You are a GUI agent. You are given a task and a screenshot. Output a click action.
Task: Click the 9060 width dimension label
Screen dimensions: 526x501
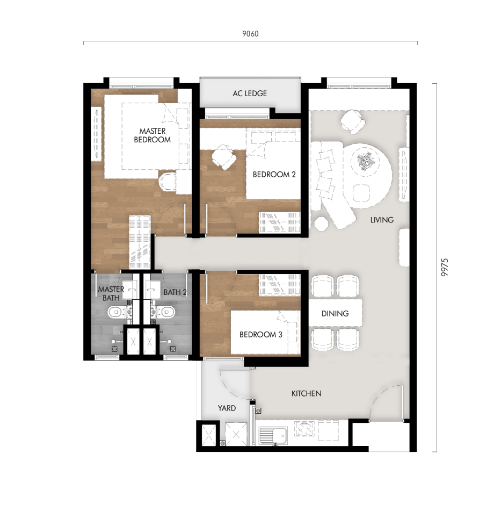(x=250, y=34)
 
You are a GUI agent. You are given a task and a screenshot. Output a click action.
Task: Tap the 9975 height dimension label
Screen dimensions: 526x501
(x=444, y=267)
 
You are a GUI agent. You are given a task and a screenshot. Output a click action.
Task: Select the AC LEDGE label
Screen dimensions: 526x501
(x=250, y=93)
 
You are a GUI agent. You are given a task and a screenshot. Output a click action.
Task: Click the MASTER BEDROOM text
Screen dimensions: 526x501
(x=153, y=135)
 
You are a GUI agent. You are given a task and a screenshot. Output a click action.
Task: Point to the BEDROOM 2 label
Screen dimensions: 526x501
(x=274, y=175)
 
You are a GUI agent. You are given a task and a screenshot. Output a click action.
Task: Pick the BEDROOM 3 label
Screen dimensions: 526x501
(x=261, y=334)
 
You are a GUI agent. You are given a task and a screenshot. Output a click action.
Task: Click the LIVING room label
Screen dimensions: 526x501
(x=382, y=220)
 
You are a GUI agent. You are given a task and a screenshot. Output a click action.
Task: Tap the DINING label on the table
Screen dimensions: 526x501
(x=335, y=314)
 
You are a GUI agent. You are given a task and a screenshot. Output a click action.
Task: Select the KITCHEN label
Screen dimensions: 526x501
(x=306, y=394)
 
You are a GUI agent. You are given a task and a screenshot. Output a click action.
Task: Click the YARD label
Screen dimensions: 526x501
(x=227, y=408)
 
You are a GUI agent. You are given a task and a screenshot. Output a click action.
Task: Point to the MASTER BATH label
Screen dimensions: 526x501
(x=111, y=293)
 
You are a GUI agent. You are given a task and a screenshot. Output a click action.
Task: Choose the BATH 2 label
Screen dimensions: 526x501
(x=175, y=293)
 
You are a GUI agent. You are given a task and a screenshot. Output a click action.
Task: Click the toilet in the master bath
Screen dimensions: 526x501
(x=115, y=312)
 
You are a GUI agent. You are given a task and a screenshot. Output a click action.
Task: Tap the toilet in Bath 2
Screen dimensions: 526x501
(x=166, y=312)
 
